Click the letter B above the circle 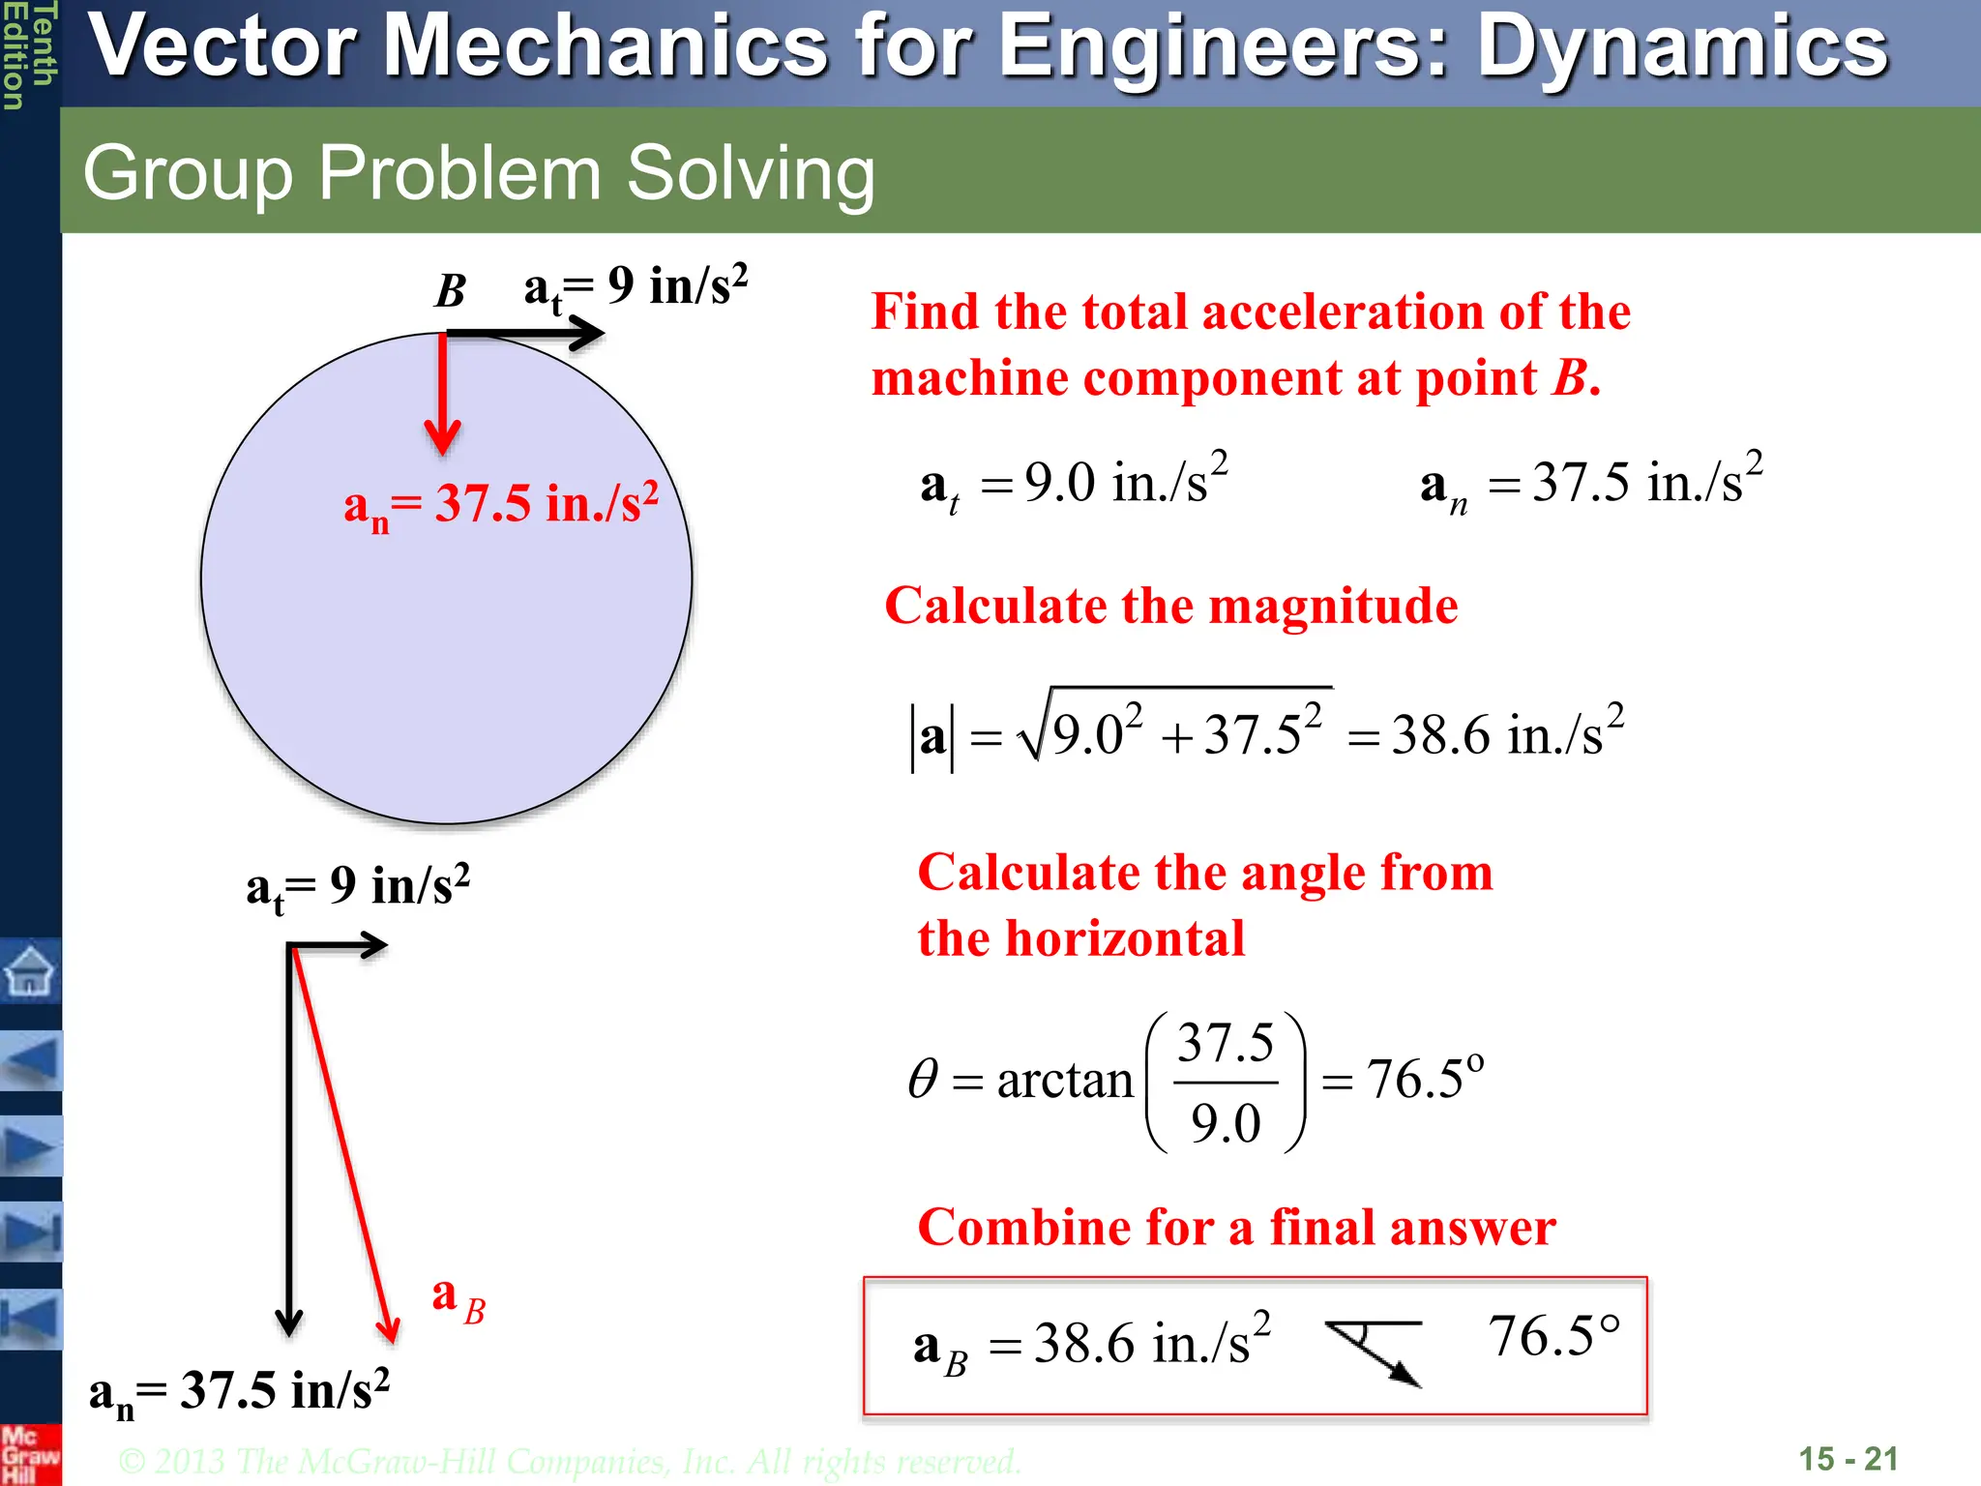(451, 290)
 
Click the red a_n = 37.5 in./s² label (501, 505)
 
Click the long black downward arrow (289, 1142)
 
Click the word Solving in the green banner (751, 173)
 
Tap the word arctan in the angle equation (1064, 1080)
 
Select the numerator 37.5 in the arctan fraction (1226, 1043)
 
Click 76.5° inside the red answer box (1553, 1337)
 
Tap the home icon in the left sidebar (30, 970)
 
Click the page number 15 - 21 (1848, 1459)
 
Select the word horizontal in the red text (1125, 939)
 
